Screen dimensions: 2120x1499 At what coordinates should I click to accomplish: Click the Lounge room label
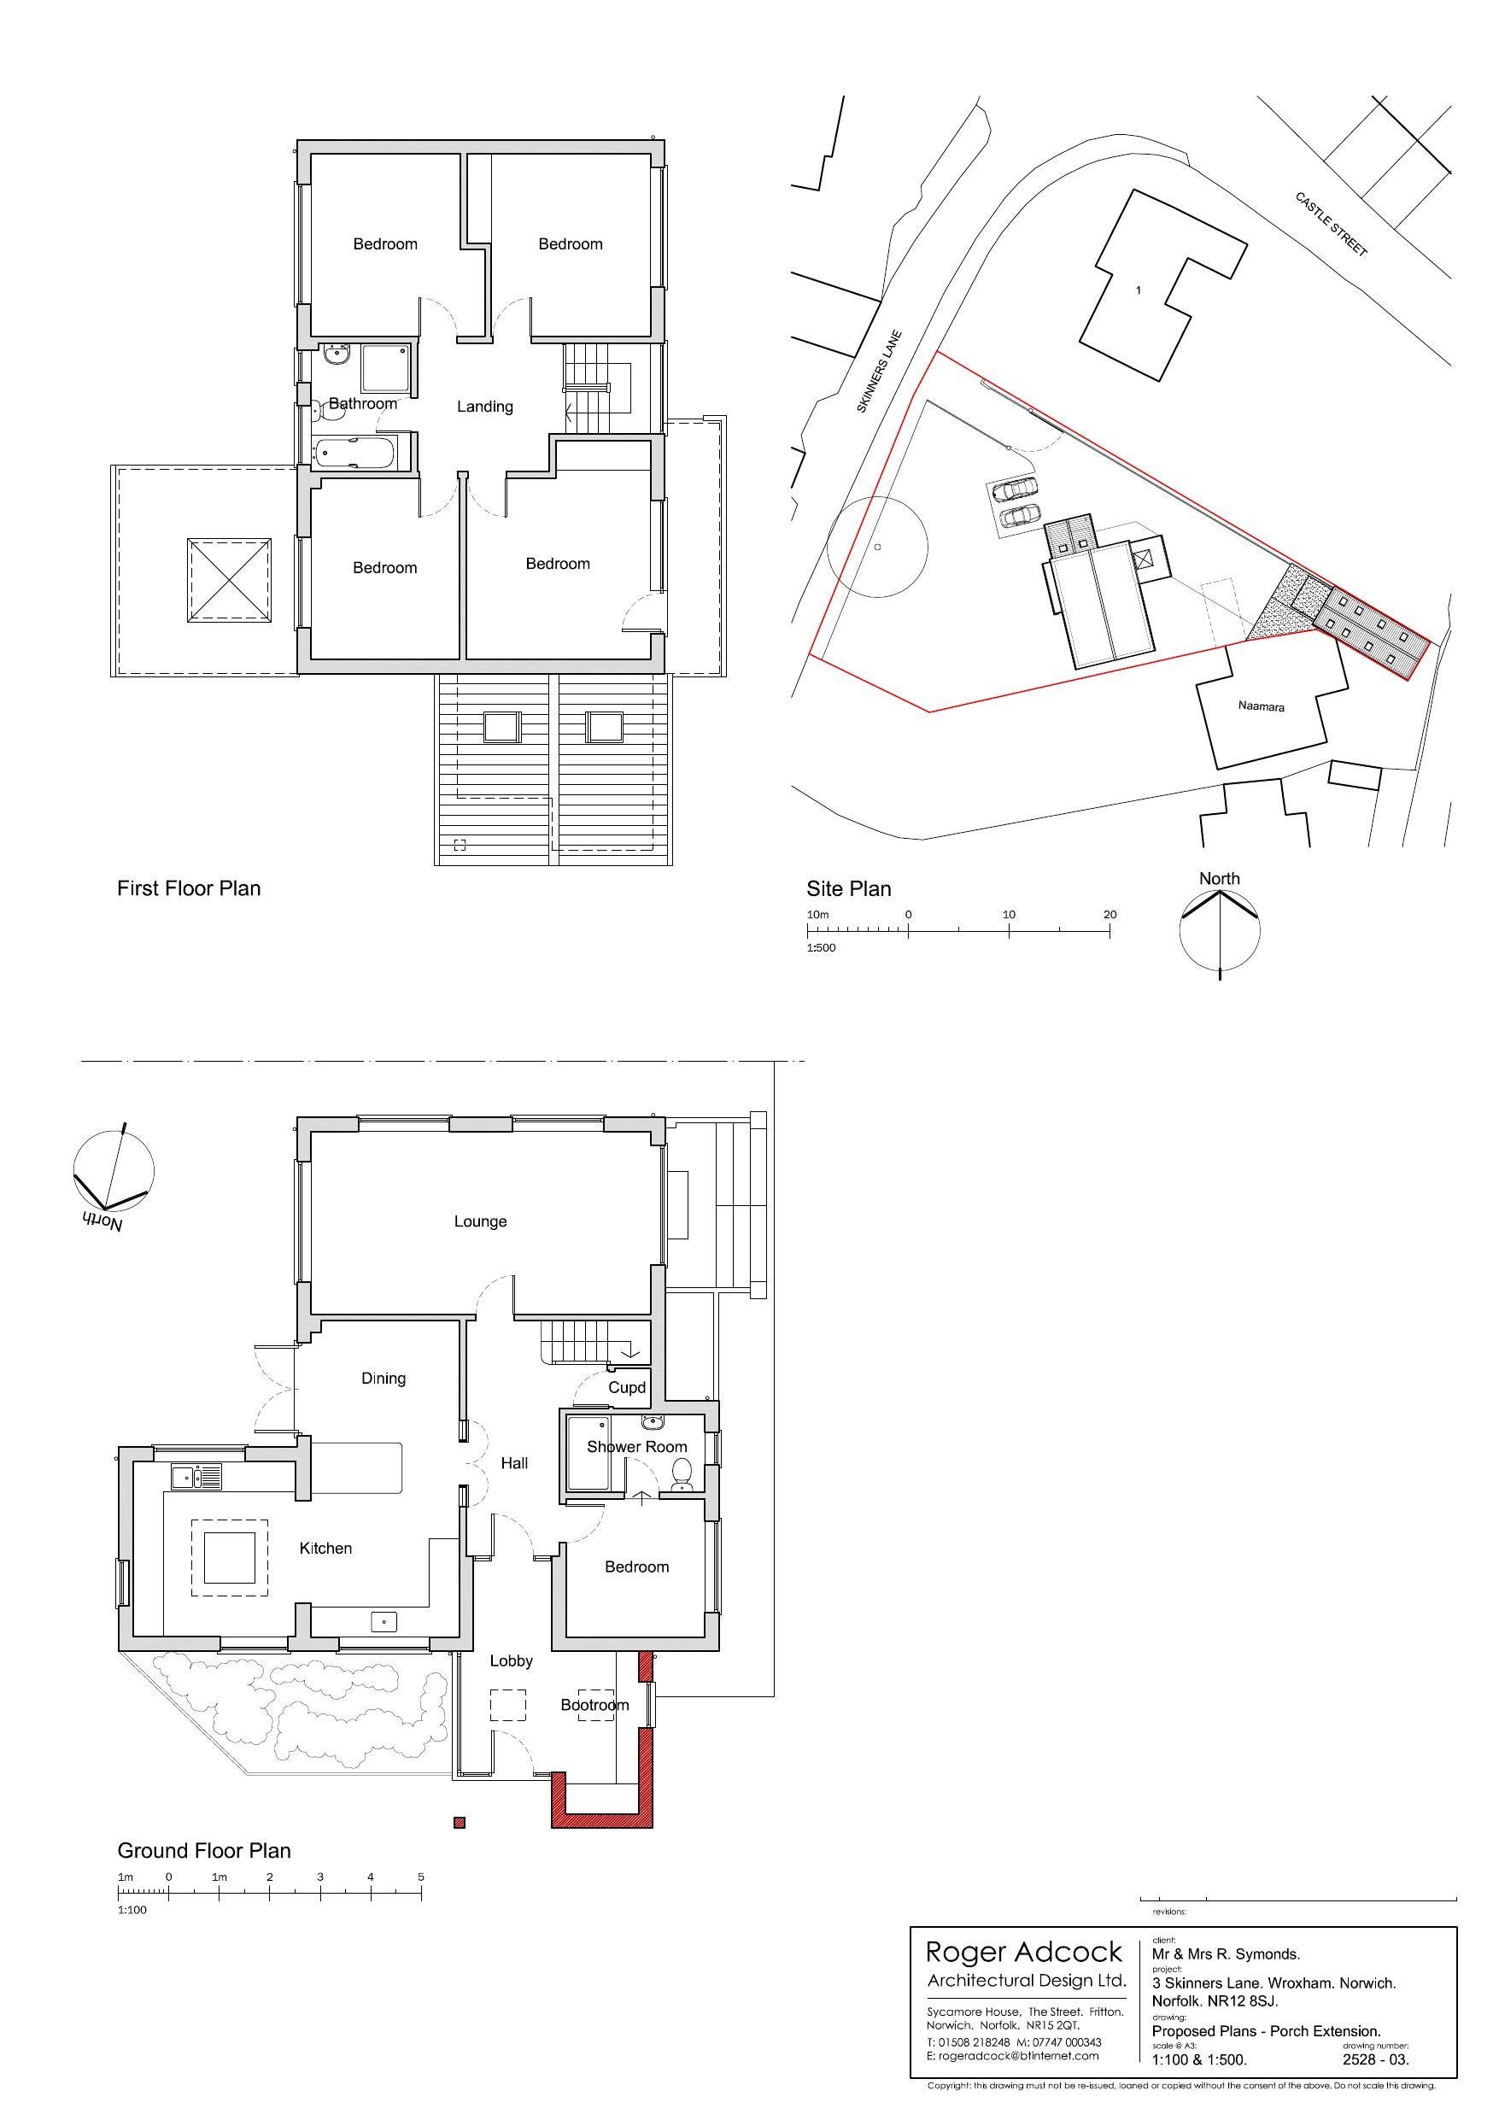(x=480, y=1221)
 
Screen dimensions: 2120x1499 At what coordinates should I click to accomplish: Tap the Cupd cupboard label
(x=627, y=1388)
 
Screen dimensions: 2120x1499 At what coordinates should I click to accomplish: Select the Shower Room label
(x=637, y=1447)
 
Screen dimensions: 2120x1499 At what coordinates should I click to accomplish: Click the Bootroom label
(x=594, y=1705)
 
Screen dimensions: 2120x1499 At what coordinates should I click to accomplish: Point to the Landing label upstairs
(x=485, y=407)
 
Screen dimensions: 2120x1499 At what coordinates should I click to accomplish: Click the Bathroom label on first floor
(x=363, y=403)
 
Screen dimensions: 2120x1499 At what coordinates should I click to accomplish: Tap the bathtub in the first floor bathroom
(x=354, y=453)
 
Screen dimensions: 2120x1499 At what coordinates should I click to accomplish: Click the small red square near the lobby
(x=459, y=1823)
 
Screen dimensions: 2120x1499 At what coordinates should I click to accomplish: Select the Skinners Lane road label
(x=879, y=372)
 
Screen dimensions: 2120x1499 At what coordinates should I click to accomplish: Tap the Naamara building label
(x=1261, y=706)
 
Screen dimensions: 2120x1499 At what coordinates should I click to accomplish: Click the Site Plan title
(x=849, y=889)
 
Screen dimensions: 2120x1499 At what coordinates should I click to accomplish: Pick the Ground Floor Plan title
(x=204, y=1850)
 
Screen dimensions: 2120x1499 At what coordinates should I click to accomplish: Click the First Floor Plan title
(x=189, y=888)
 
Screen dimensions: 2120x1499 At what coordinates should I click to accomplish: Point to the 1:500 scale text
(x=821, y=947)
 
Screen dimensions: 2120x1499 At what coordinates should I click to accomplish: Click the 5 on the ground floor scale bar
(x=421, y=1877)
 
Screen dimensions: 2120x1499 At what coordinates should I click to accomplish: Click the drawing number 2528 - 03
(x=1375, y=2059)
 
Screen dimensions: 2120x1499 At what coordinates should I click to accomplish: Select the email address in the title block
(x=1013, y=2055)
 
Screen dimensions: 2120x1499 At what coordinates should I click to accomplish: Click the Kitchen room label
(x=325, y=1549)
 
